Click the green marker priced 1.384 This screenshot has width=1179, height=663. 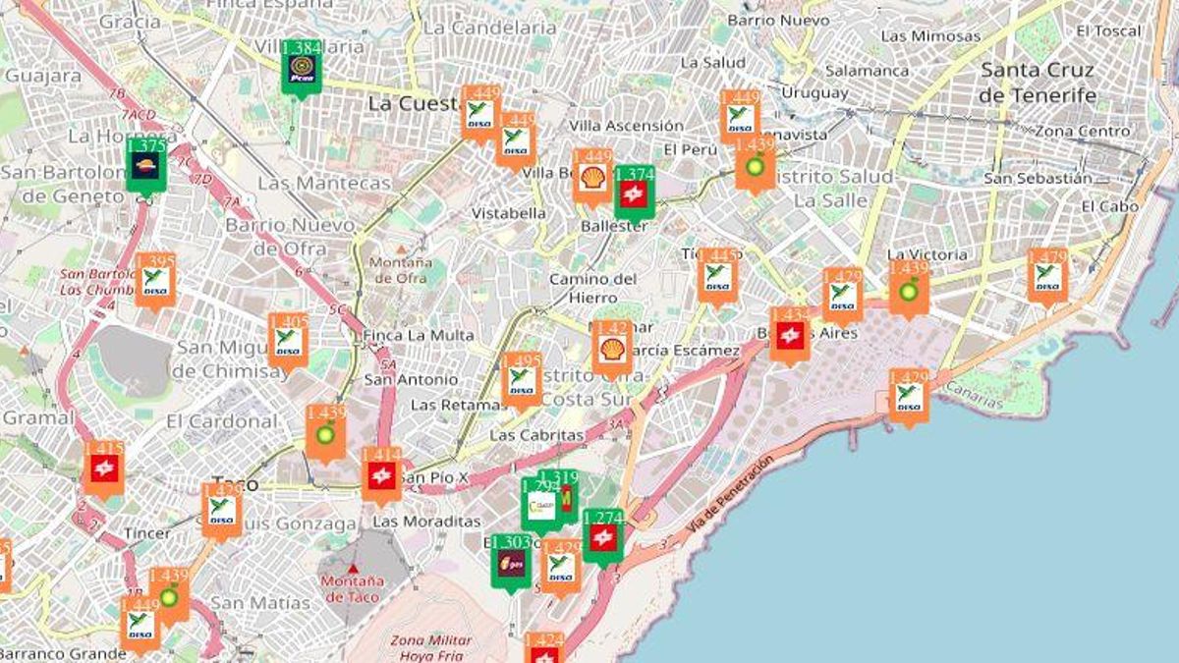301,68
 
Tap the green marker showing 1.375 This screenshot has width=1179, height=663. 146,165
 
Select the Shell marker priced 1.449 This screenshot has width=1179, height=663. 592,177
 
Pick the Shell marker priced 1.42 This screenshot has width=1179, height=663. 612,348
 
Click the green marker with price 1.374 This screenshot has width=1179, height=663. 634,193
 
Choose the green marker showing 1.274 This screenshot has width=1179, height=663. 602,536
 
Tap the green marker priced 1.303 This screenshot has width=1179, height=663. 511,563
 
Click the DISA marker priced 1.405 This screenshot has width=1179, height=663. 288,341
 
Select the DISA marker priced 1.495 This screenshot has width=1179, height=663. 522,380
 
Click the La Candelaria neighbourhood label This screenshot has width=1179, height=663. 489,28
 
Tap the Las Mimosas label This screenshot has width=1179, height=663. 930,36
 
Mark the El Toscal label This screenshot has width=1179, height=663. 1108,30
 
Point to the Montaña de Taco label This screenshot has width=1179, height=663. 352,588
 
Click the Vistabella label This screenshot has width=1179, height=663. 508,213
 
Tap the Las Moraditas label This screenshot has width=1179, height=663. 426,521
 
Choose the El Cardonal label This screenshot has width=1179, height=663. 222,421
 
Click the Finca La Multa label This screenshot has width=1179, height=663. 418,335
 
